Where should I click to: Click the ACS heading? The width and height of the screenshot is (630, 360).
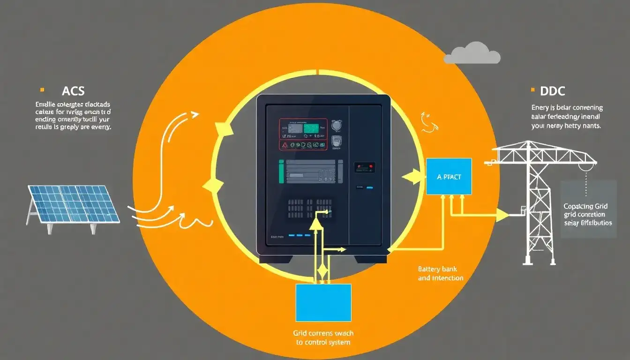pos(73,90)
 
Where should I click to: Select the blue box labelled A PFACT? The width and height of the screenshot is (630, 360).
pos(448,176)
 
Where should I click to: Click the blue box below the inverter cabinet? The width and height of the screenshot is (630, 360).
pos(323,302)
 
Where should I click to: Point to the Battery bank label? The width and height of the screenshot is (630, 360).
pos(437,270)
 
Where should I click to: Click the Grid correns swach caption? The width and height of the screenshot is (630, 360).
pos(323,333)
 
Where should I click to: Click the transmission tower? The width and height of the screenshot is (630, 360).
pos(539,202)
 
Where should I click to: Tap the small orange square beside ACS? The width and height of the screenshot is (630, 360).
pos(42,89)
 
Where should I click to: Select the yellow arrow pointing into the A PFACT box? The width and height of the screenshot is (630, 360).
pos(412,177)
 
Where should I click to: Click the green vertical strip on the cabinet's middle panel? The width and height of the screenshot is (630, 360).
pos(281,171)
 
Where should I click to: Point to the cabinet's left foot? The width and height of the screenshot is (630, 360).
pos(274,258)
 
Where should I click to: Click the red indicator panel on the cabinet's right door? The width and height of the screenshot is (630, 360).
pos(364,166)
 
